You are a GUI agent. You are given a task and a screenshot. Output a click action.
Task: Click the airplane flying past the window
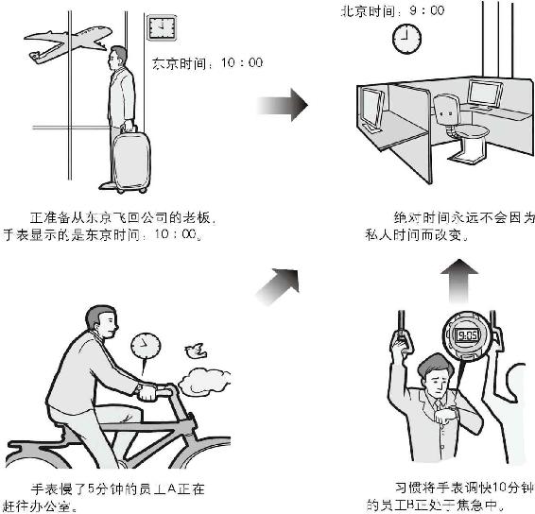point(68,42)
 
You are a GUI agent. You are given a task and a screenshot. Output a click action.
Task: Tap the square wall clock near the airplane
point(162,27)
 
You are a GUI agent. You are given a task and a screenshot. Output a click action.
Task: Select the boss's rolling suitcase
point(131,161)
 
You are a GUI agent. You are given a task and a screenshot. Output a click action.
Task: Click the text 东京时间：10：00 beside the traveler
point(207,63)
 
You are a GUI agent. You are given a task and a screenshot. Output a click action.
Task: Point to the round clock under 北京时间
point(406,39)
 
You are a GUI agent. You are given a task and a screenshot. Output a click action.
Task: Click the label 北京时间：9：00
point(392,10)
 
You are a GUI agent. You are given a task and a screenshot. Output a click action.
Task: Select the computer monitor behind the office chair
point(485,94)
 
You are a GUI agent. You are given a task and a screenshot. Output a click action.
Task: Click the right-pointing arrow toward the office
point(283,105)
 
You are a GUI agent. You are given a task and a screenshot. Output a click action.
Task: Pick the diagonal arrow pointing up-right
point(278,286)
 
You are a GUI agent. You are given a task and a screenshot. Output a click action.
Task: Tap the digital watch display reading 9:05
point(468,336)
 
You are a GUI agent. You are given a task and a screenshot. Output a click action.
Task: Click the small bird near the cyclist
point(196,351)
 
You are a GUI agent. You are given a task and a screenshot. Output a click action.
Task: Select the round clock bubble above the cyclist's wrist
point(146,346)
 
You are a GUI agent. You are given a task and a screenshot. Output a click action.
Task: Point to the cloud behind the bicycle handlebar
point(205,380)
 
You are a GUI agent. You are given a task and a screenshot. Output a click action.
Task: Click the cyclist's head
point(102,322)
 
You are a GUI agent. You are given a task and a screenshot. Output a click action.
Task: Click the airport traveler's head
point(117,58)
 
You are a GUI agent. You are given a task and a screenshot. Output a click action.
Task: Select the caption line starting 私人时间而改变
point(417,235)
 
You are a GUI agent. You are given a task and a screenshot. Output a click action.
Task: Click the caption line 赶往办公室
point(40,505)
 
